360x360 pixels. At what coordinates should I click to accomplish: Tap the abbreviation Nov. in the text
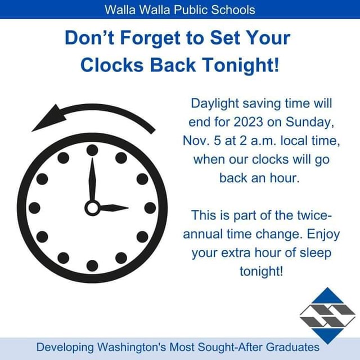click(196, 140)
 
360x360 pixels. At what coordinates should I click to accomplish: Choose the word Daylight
click(217, 103)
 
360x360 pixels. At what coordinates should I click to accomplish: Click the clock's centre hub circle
click(92, 208)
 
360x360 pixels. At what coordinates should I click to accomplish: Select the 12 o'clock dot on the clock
click(92, 150)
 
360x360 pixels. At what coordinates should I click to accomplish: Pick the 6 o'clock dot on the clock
click(92, 265)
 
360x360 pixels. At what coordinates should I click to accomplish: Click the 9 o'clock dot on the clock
click(35, 208)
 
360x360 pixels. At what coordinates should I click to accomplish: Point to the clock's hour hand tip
click(127, 209)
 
